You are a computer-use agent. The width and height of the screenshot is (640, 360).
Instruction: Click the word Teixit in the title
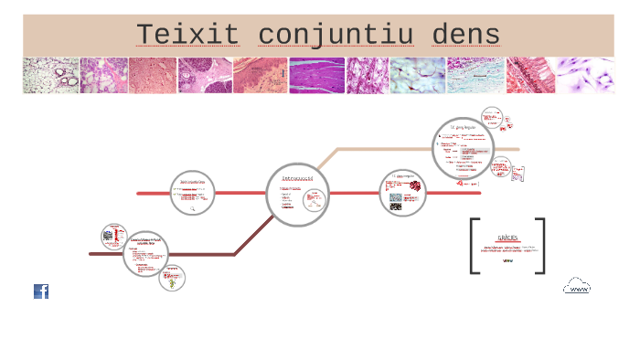point(188,35)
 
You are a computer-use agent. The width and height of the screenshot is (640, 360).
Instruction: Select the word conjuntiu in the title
point(336,35)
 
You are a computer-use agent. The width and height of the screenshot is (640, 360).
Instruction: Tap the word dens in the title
point(468,35)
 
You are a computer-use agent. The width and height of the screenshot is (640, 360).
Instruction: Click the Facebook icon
point(41,291)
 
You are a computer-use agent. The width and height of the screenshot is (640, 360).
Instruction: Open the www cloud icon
point(577,287)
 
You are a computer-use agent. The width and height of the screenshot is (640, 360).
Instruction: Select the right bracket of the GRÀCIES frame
point(541,246)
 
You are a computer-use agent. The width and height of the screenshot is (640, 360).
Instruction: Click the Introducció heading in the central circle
point(298,177)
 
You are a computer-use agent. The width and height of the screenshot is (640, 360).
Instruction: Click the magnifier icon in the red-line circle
point(193,208)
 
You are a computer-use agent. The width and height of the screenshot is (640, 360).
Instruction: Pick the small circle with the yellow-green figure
point(171,279)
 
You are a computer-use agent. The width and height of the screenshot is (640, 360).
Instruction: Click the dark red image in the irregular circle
point(415,186)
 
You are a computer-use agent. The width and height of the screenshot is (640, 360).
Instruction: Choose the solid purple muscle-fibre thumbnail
point(317,76)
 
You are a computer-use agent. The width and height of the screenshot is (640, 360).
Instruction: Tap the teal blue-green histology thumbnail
point(475,76)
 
